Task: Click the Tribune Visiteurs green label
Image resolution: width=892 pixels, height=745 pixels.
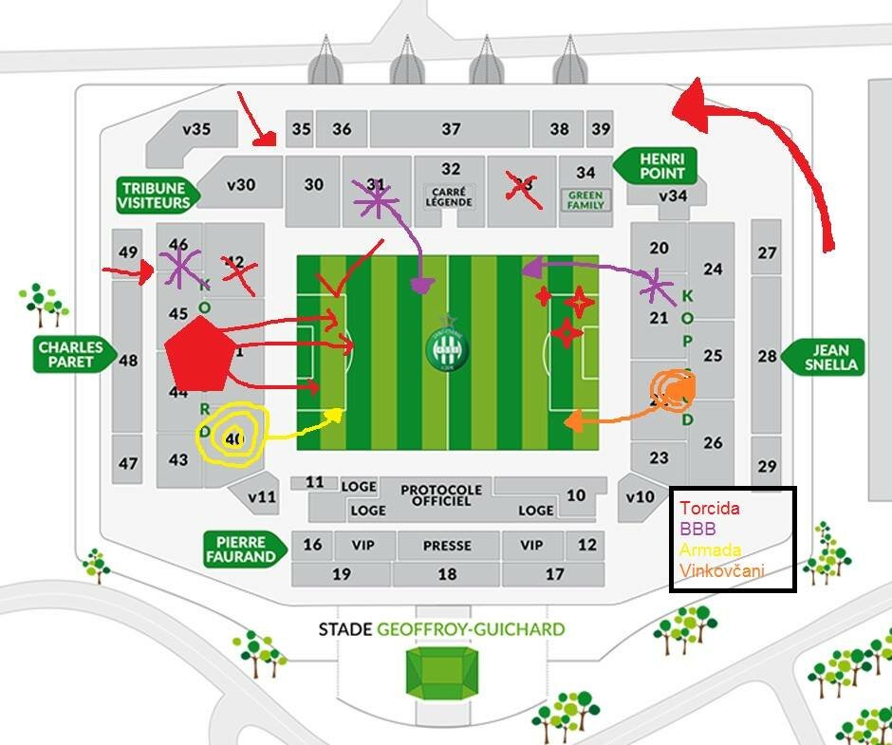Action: (x=155, y=194)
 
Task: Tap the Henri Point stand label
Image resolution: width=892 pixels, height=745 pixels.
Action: (x=656, y=165)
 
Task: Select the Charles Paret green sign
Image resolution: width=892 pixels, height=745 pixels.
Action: (x=71, y=355)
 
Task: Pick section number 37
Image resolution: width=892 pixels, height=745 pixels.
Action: (x=450, y=129)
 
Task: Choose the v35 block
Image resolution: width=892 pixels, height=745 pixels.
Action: (x=197, y=130)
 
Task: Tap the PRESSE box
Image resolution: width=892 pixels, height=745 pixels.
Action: (x=447, y=546)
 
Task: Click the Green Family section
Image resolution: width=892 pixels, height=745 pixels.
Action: (x=585, y=200)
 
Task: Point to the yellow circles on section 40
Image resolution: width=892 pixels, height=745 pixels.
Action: (x=232, y=437)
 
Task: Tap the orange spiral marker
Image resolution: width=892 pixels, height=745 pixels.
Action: (x=673, y=389)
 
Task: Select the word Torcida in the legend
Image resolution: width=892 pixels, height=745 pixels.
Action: (x=710, y=508)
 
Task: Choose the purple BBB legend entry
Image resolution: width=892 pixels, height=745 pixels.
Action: (x=697, y=529)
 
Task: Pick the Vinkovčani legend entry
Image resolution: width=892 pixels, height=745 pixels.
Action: (x=721, y=570)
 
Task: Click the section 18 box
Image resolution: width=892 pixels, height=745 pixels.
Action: (x=447, y=574)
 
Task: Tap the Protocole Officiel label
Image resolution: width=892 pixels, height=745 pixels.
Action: (x=441, y=495)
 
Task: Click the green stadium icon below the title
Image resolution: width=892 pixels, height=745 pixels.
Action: (x=441, y=671)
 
